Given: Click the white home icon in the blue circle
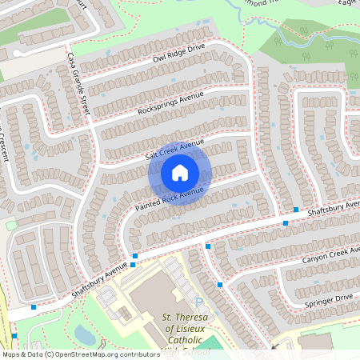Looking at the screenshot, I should pyautogui.click(x=180, y=173).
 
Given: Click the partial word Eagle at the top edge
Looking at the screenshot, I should pyautogui.click(x=349, y=3).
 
